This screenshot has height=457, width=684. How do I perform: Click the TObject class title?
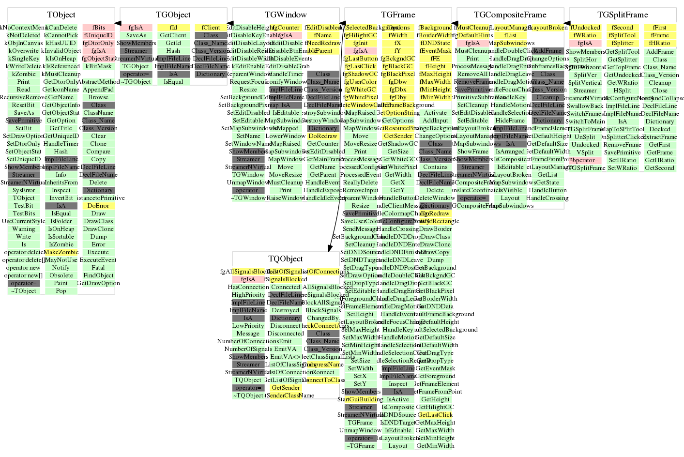(x=61, y=15)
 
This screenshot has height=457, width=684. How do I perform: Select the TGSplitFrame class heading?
(x=623, y=15)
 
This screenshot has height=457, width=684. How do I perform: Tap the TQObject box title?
(x=286, y=259)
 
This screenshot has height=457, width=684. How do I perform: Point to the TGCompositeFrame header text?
(x=510, y=15)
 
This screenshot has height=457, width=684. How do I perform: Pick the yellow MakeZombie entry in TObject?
(x=61, y=252)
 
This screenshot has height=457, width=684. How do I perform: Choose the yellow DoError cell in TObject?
(x=98, y=206)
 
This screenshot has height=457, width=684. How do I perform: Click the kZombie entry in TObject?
(x=24, y=74)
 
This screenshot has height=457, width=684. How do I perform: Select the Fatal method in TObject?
(x=98, y=268)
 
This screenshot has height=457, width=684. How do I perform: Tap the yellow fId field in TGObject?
(x=173, y=28)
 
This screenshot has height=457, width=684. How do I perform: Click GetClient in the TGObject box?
(x=173, y=35)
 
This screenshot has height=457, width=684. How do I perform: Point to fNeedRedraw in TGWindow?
(x=323, y=43)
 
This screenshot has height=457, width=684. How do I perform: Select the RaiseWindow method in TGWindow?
(x=286, y=198)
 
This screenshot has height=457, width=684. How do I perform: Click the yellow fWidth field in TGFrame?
(x=398, y=35)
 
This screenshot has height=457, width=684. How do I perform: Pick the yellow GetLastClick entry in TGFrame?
(x=435, y=415)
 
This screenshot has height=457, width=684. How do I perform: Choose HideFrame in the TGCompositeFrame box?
(x=510, y=121)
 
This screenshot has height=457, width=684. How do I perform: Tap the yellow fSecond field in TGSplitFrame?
(x=623, y=28)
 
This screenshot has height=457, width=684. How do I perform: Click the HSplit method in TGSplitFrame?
(x=623, y=91)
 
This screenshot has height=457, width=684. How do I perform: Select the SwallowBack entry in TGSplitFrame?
(x=585, y=106)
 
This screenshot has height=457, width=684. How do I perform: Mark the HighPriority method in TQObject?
(x=248, y=295)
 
